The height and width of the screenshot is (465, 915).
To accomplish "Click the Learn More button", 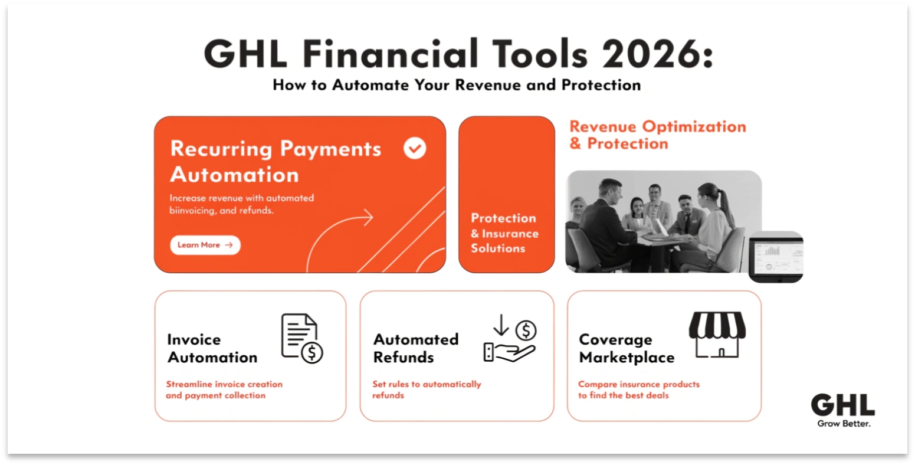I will pos(205,245).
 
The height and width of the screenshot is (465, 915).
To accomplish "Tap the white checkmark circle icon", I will pos(415,148).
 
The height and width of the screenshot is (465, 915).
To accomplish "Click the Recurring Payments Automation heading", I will pos(276,161).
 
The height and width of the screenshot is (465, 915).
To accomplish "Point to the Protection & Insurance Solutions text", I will pos(504,233).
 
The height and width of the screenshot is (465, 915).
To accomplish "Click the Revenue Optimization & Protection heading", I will pos(657,135).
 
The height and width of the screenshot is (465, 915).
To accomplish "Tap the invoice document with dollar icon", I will pos(301,338).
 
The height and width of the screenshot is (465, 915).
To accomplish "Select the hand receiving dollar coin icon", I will pos(509,340).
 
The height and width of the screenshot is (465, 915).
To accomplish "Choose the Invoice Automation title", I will pos(212,348).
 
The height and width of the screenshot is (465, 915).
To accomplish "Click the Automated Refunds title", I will pos(415,348).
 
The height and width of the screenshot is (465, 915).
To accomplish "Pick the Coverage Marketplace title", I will pos(626,348).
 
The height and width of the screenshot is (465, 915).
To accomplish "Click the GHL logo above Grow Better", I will pos(842,406).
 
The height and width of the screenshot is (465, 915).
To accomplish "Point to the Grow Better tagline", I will pos(844,424).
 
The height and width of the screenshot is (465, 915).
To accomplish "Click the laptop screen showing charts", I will pos(776,256).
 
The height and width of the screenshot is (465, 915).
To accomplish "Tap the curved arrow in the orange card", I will pos(339,236).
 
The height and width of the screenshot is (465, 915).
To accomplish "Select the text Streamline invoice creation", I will pos(224,384).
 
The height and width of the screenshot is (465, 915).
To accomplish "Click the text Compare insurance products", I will pos(638,384).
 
